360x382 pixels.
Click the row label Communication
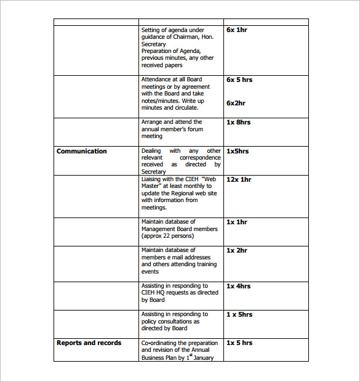coord(82,151)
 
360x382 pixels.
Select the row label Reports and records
coord(89,343)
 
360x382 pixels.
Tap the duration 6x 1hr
coord(237,30)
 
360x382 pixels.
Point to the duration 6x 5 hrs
coord(239,79)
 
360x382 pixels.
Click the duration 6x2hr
coord(236,103)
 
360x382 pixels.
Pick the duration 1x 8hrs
coord(238,122)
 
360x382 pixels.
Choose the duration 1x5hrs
coord(238,151)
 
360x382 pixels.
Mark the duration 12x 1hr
coord(239,179)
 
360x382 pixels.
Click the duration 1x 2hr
coord(237,250)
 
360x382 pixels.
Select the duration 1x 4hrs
coord(238,286)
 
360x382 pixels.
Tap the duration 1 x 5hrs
coord(239,314)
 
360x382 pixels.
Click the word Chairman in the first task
coord(189,37)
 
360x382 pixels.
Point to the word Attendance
coord(156,79)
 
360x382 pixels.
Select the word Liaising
coord(153,179)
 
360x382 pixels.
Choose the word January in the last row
coord(204,357)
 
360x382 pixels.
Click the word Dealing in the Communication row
coord(151,151)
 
